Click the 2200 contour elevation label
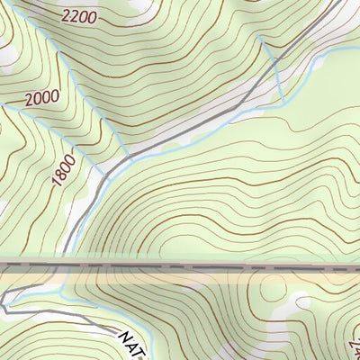(79, 16)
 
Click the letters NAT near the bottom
(134, 341)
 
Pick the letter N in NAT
(125, 335)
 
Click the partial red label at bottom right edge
(355, 342)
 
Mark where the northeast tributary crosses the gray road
(273, 62)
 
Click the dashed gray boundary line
(225, 267)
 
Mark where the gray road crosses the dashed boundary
(67, 266)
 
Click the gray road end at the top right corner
(342, 3)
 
